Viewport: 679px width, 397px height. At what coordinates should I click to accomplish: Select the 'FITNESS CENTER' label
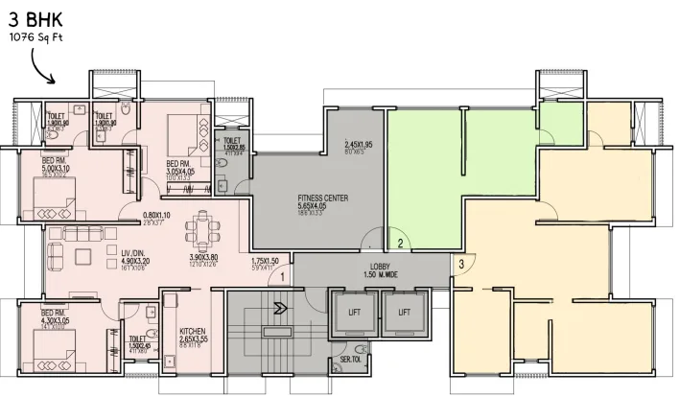(322, 198)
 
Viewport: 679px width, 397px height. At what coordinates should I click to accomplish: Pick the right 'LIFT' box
(404, 313)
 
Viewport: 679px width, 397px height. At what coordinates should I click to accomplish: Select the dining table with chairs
(202, 227)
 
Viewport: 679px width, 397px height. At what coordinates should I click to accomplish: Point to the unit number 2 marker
(402, 243)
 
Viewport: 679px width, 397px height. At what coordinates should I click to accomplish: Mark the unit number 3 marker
(461, 264)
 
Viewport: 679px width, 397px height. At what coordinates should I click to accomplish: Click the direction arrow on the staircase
(280, 309)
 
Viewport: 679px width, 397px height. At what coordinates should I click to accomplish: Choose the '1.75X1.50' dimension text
(265, 261)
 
